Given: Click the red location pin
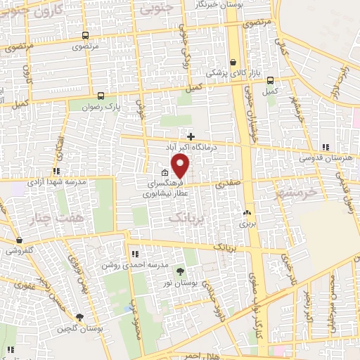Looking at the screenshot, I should [181, 166].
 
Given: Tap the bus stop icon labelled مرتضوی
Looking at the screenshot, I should [85, 35].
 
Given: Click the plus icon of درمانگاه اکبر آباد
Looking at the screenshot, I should [191, 135].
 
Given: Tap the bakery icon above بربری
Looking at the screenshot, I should [247, 213].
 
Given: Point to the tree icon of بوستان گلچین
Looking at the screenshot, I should [79, 317].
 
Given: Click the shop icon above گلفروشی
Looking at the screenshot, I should [19, 240].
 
